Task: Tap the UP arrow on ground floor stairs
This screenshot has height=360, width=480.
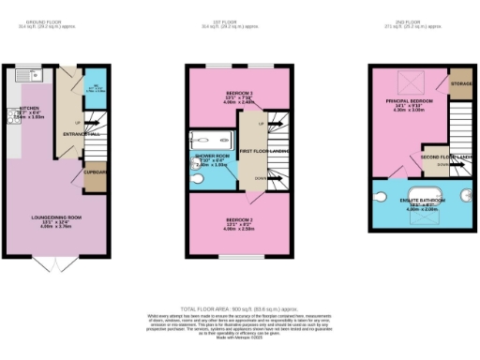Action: coord(78,123)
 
